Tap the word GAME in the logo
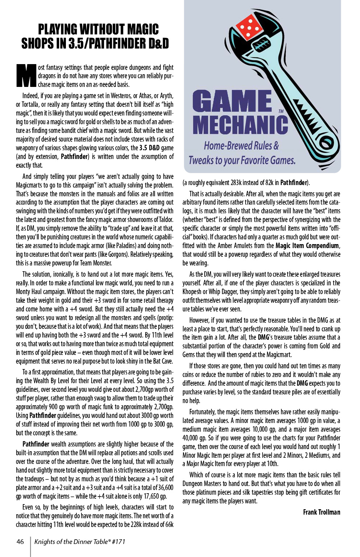click(x=232, y=101)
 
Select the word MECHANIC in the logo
click(x=240, y=125)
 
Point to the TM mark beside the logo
click(x=281, y=112)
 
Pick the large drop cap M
click(x=26, y=76)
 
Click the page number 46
click(x=20, y=542)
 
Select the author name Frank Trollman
click(x=322, y=512)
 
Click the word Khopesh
click(x=192, y=292)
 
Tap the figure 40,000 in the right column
click(x=192, y=438)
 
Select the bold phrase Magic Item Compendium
click(x=307, y=246)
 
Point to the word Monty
click(x=24, y=292)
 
